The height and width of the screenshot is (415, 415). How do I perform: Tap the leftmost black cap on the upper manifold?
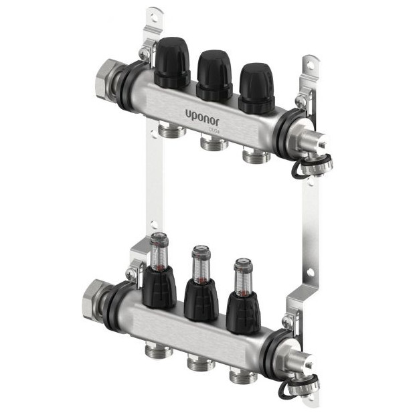[x=173, y=63]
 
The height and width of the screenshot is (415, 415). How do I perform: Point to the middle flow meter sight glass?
[x=199, y=262]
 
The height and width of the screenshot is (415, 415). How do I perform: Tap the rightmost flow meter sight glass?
[x=242, y=274]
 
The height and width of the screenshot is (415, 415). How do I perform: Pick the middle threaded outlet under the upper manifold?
[x=213, y=143]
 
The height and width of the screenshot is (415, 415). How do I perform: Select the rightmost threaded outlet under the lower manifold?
[x=242, y=376]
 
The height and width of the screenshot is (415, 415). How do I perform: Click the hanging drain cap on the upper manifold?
[x=315, y=164]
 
